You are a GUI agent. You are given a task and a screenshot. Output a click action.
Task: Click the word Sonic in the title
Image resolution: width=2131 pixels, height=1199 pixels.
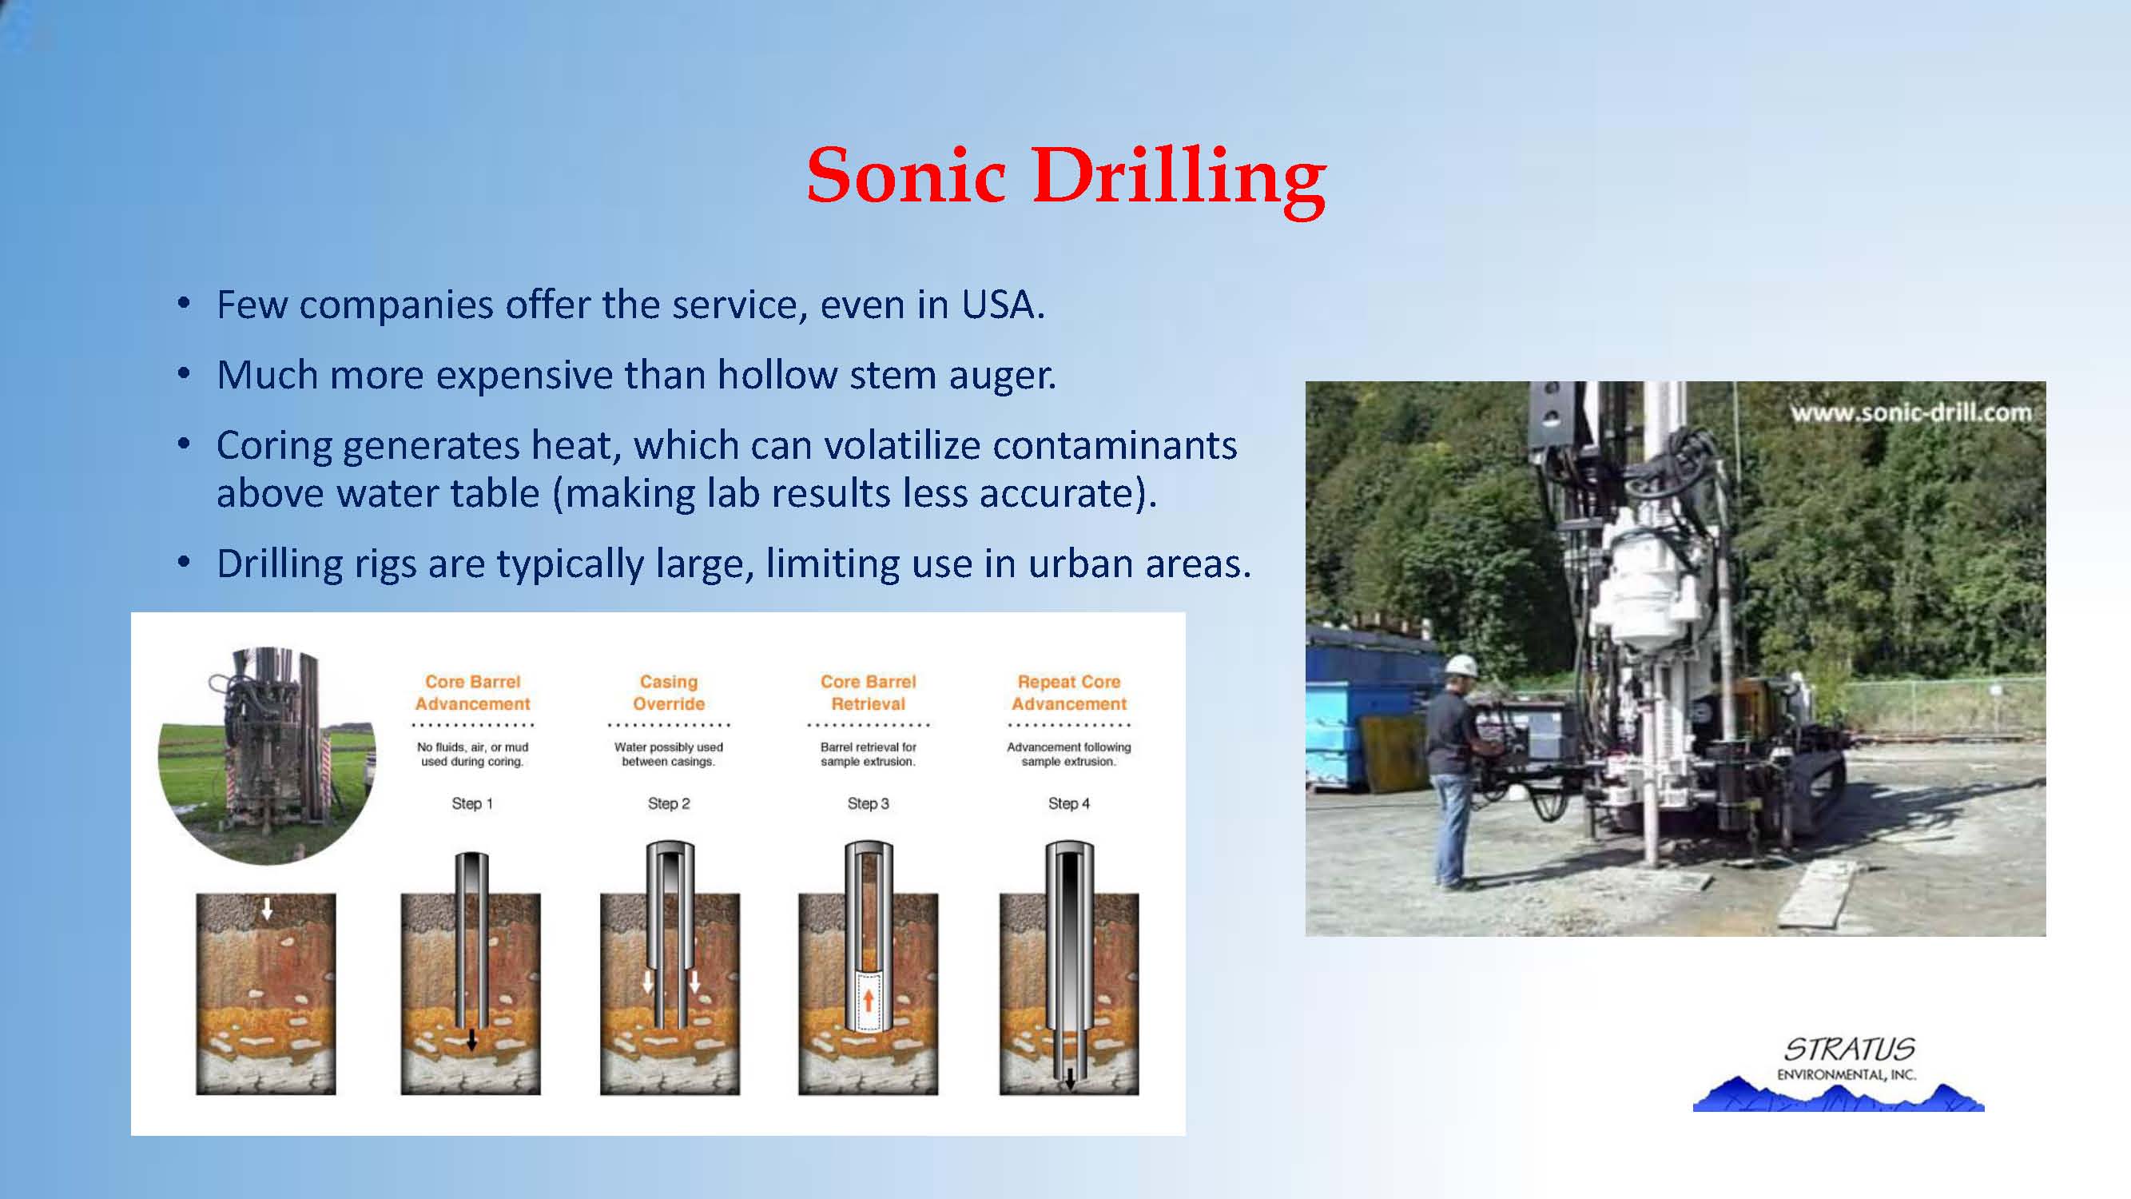coord(906,176)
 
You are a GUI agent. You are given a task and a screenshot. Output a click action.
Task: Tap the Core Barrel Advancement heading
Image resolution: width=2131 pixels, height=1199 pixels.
coord(472,692)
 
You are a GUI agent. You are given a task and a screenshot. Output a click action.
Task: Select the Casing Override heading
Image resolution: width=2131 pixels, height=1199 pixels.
coord(669,692)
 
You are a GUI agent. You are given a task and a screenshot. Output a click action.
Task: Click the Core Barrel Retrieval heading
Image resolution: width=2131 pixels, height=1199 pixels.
coord(868,692)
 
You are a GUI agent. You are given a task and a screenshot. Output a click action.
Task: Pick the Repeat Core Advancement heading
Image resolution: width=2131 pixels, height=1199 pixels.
coord(1069,692)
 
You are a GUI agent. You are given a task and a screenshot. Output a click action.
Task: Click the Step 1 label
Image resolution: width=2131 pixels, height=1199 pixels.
coord(471,803)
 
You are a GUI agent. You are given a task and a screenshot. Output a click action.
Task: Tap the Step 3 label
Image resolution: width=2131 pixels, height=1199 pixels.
coord(868,803)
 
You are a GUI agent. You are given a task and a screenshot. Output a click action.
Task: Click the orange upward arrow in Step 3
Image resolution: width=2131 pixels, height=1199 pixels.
coord(868,1000)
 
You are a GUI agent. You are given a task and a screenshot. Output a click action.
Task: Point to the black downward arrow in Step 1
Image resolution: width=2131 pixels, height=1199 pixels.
coord(471,1040)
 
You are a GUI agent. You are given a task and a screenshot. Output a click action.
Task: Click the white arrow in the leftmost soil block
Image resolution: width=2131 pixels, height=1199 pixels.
coord(266,910)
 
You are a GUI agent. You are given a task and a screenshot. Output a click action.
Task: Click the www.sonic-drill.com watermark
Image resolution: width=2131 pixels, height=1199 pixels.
coord(1910,412)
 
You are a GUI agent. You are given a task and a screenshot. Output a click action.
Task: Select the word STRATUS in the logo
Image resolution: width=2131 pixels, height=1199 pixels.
coord(1850,1050)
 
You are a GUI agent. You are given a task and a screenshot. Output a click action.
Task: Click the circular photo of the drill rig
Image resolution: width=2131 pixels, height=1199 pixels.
coord(266,755)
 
